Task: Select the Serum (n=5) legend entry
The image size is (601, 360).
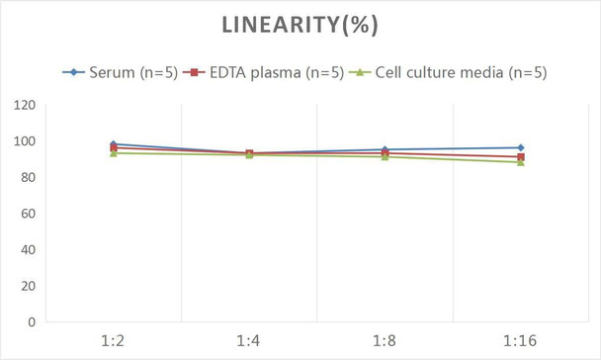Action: click(129, 72)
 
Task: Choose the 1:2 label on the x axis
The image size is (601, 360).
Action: click(114, 341)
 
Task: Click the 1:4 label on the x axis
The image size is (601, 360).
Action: click(249, 341)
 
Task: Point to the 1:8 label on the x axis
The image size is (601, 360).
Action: click(385, 341)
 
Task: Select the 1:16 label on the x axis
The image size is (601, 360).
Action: click(521, 341)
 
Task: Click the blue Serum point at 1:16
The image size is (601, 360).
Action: click(521, 147)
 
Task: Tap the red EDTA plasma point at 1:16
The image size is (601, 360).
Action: click(521, 156)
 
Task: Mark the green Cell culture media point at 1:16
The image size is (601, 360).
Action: click(521, 162)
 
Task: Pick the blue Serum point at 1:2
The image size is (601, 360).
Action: click(114, 144)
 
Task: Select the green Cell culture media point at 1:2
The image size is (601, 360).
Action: click(114, 153)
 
